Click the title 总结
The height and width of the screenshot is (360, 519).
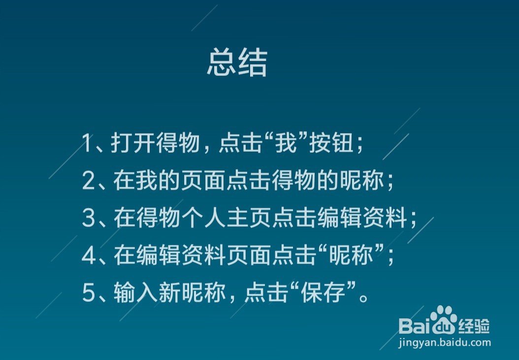[x=237, y=63]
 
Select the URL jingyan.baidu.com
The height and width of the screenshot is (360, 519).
[x=445, y=343]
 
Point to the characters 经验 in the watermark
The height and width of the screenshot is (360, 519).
[x=474, y=325]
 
